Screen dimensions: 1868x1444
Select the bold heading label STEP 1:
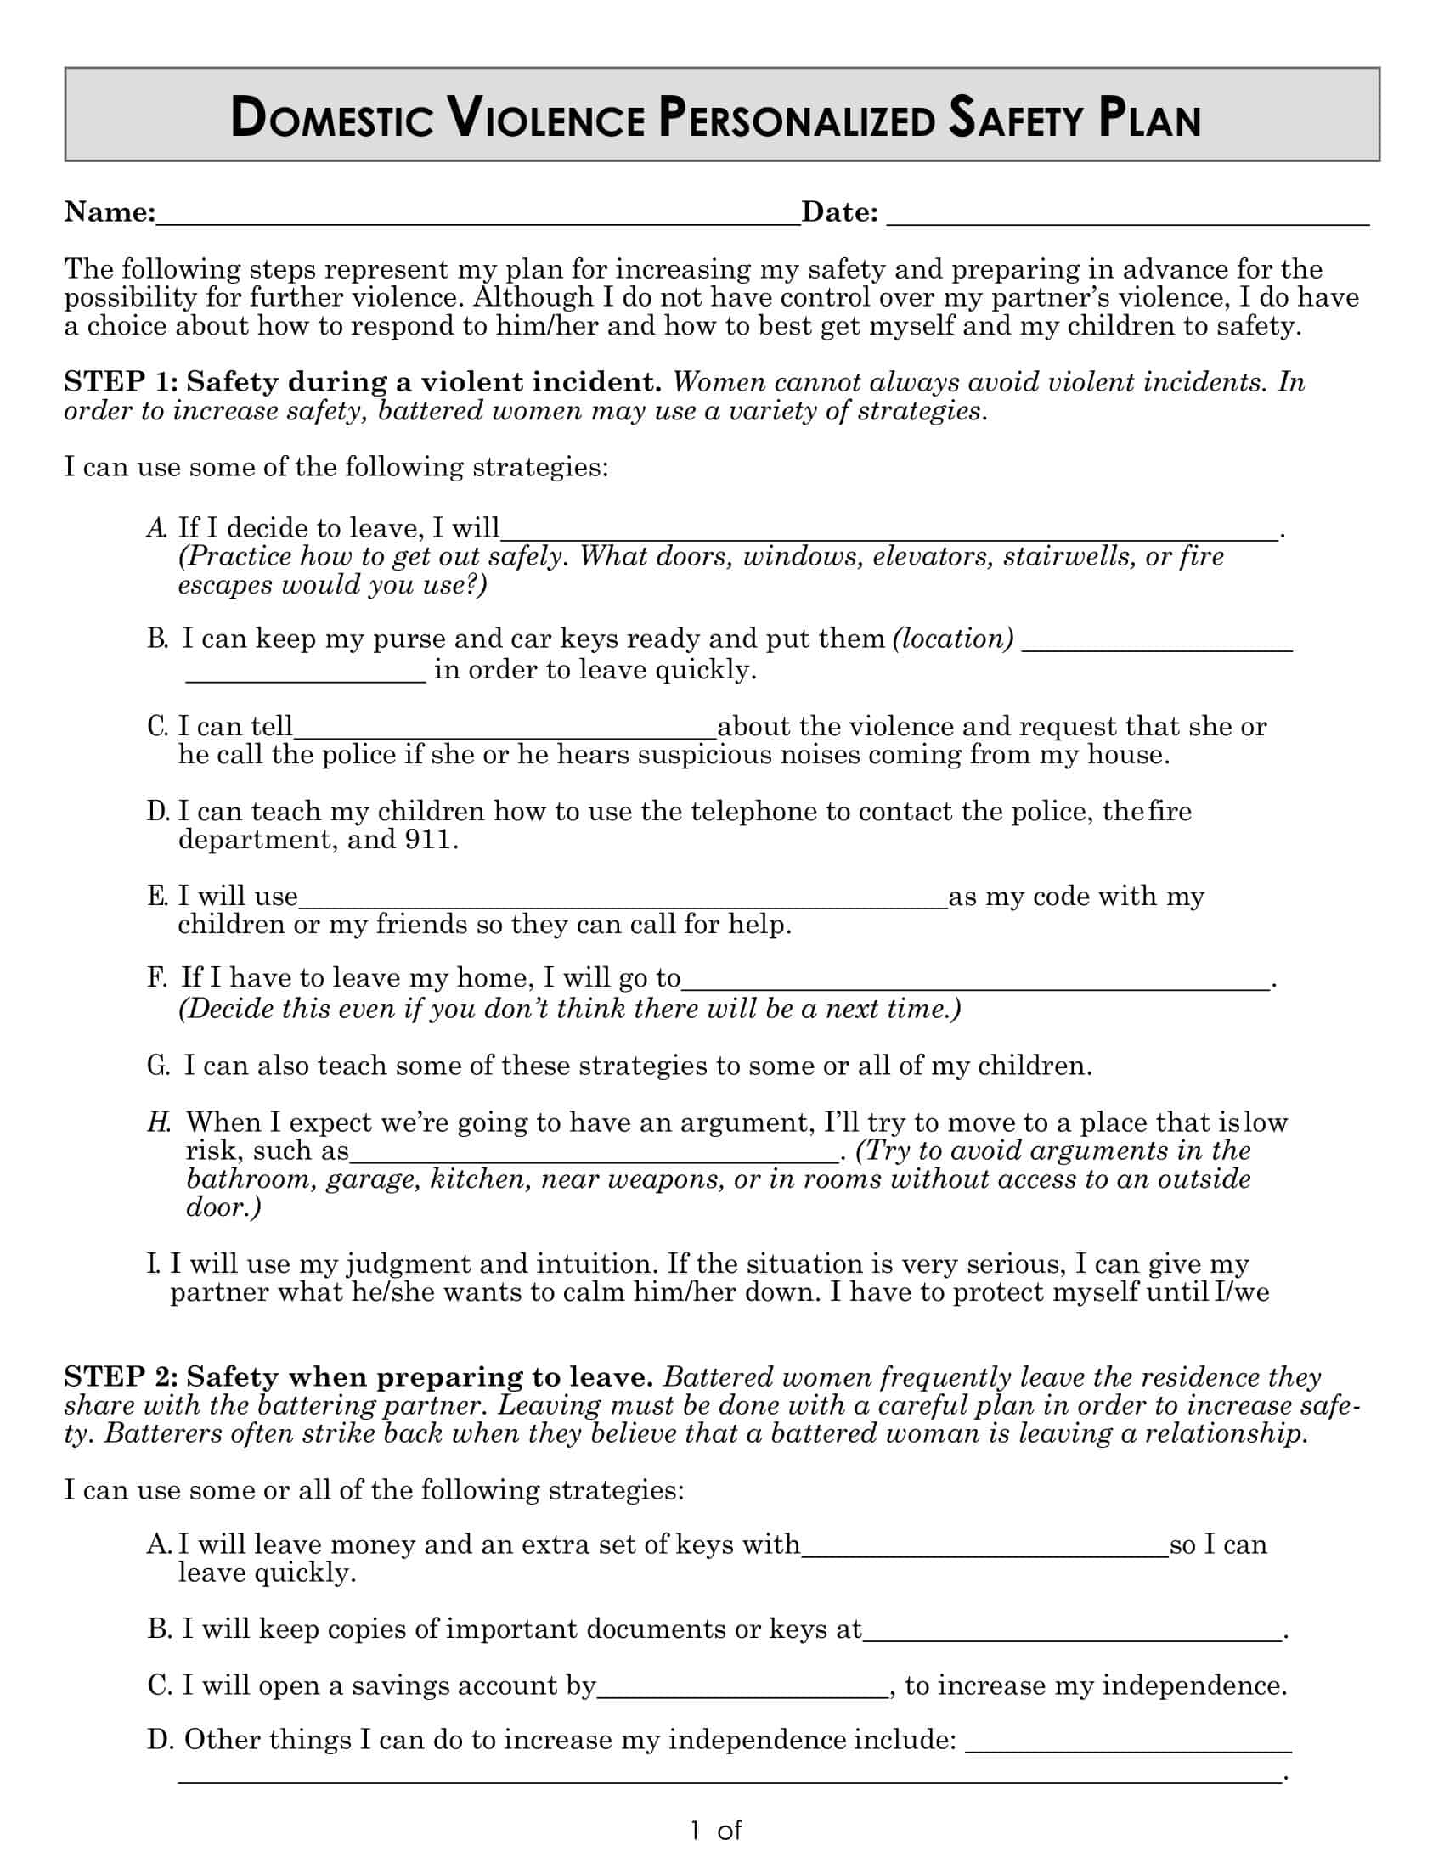pyautogui.click(x=121, y=382)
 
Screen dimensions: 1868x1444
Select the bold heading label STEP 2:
pyautogui.click(x=121, y=1377)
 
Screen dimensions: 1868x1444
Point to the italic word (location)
pyautogui.click(x=953, y=639)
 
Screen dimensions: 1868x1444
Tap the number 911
pyautogui.click(x=426, y=839)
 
